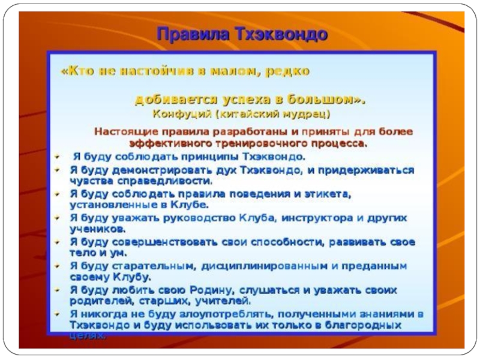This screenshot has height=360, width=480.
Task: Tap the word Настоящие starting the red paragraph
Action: click(x=125, y=131)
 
